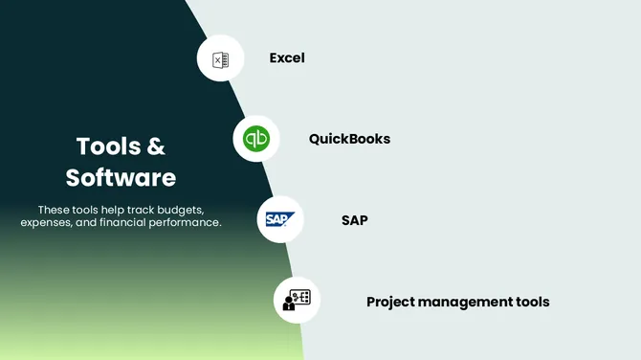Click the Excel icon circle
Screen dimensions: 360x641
pyautogui.click(x=220, y=58)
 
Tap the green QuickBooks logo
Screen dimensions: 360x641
pyautogui.click(x=256, y=139)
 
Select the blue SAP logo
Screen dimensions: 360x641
pyautogui.click(x=280, y=220)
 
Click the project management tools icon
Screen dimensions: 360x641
pyautogui.click(x=297, y=301)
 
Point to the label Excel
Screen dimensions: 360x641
pyautogui.click(x=287, y=57)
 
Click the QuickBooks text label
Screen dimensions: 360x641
pyautogui.click(x=349, y=139)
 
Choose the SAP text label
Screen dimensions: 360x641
pyautogui.click(x=354, y=220)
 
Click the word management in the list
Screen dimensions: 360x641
pyautogui.click(x=468, y=302)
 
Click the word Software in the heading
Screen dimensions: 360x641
pyautogui.click(x=121, y=177)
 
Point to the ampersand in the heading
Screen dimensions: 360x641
pyautogui.click(x=155, y=146)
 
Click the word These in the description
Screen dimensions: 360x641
pyautogui.click(x=54, y=209)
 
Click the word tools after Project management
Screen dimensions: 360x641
pyautogui.click(x=532, y=302)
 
